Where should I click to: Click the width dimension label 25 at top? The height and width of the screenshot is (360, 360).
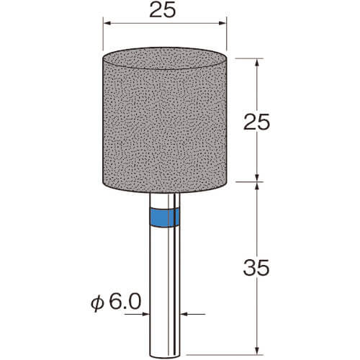click(163, 11)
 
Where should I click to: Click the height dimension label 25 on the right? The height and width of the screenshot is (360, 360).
click(256, 122)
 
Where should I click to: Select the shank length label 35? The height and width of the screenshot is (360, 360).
click(256, 268)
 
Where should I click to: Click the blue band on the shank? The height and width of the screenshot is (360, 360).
click(165, 217)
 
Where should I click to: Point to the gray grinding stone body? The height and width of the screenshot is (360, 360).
click(165, 120)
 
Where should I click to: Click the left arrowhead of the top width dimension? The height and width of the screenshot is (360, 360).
click(107, 23)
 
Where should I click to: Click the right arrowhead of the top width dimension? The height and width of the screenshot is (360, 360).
click(222, 23)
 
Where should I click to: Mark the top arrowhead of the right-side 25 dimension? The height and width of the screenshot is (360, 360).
click(257, 63)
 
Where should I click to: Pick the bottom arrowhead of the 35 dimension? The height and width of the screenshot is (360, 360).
click(257, 351)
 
